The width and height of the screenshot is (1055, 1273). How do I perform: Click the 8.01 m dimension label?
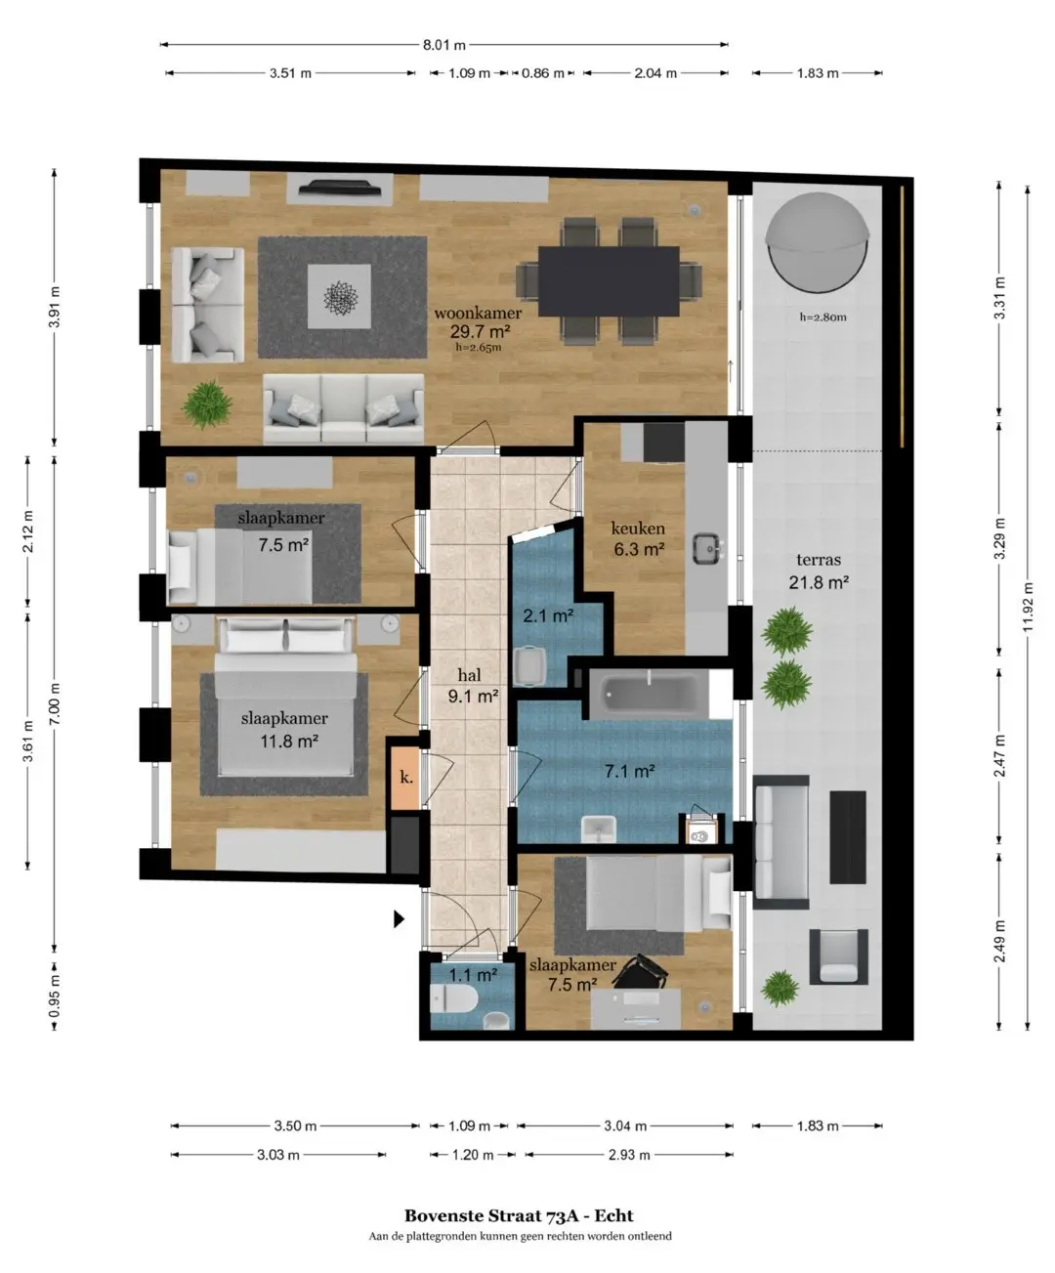[x=444, y=45]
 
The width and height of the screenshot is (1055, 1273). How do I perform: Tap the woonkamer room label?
[x=478, y=314]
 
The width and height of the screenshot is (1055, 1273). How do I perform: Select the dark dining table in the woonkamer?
[x=609, y=280]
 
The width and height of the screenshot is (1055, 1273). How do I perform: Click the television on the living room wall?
[x=340, y=187]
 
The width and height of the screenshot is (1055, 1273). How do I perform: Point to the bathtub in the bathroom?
[x=650, y=694]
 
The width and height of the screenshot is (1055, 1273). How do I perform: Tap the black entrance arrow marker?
[x=399, y=918]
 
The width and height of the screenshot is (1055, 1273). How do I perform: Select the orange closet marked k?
[x=405, y=779]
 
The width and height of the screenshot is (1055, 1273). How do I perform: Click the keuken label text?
[x=638, y=528]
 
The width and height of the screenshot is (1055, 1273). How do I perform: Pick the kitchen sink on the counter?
[x=707, y=549]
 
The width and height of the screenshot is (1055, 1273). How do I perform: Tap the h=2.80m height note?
[x=823, y=318]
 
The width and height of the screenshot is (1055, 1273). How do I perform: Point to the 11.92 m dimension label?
[x=1029, y=608]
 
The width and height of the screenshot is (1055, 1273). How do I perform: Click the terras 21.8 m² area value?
[x=819, y=583]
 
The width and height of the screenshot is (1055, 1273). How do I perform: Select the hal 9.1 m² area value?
[x=474, y=696]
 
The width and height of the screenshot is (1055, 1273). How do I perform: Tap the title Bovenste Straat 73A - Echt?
[x=520, y=1215]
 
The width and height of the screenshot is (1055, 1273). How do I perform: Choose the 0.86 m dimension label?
[x=542, y=74]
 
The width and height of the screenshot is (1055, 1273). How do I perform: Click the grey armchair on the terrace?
[x=839, y=955]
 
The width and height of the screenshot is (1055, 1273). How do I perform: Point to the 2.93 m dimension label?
[x=629, y=1155]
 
